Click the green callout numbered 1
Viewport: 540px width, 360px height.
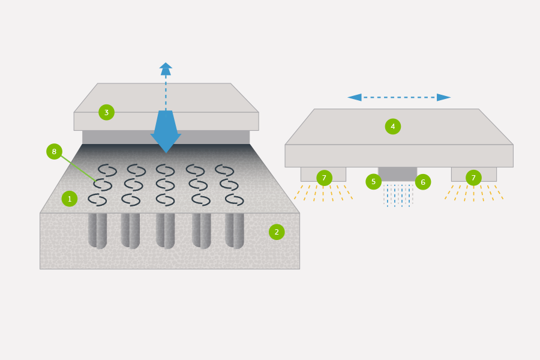tap(70, 199)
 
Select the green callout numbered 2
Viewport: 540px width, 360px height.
tap(277, 232)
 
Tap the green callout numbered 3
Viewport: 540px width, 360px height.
tap(106, 112)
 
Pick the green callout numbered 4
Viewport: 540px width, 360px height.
tap(393, 127)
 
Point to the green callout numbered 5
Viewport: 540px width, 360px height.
tap(373, 182)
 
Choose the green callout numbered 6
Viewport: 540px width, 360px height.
tap(423, 182)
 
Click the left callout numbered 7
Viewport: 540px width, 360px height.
tap(324, 178)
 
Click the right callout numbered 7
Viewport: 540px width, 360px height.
tap(473, 178)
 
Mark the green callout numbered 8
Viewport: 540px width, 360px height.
tap(54, 152)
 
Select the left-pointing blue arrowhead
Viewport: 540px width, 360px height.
tap(355, 97)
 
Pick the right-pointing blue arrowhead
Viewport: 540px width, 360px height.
tap(443, 97)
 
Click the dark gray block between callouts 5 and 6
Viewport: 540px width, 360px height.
tap(397, 174)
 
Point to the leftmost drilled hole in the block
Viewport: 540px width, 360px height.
tap(97, 230)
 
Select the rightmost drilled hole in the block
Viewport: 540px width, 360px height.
tap(235, 230)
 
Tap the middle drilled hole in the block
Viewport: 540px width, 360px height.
tap(166, 230)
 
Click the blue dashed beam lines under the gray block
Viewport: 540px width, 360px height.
tap(398, 195)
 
